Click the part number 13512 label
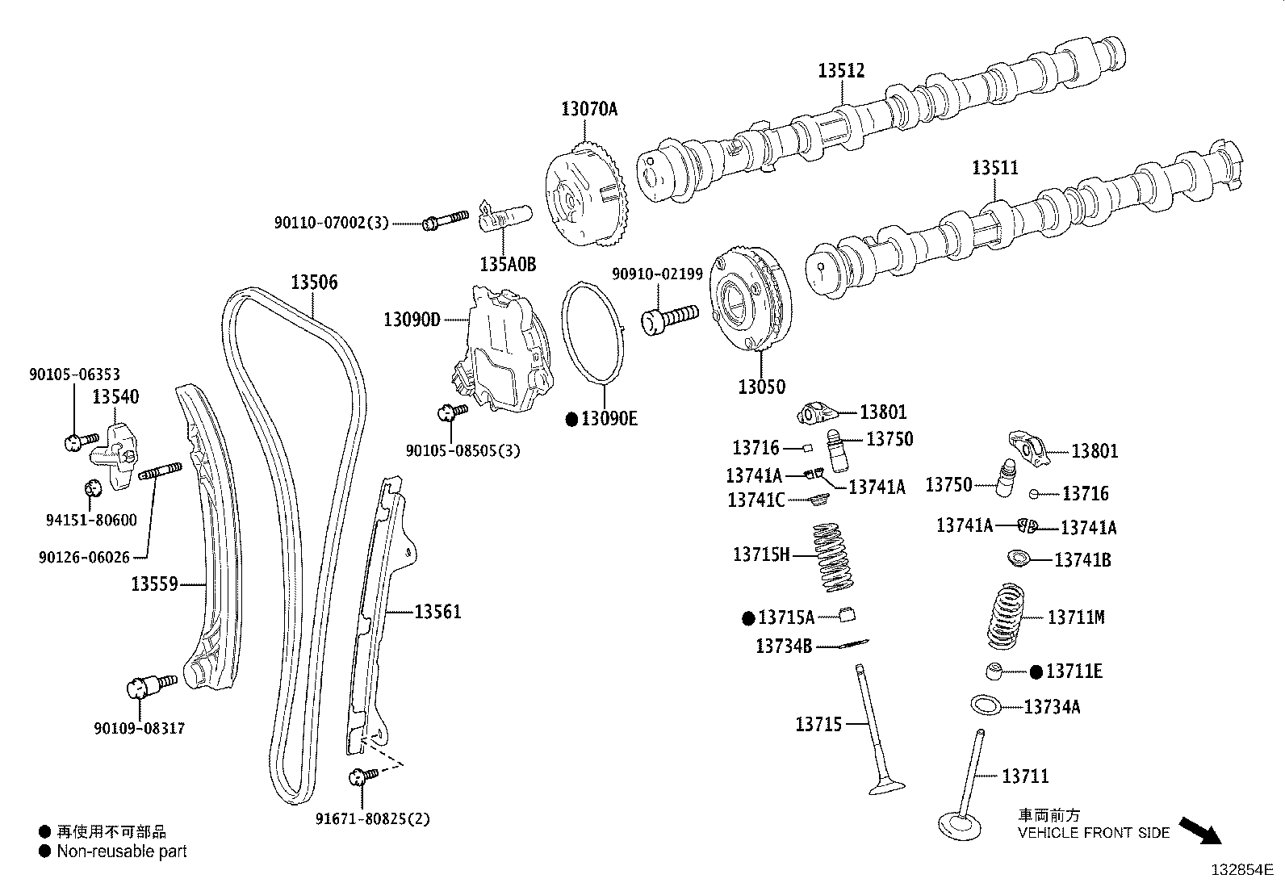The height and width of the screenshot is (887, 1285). pyautogui.click(x=840, y=70)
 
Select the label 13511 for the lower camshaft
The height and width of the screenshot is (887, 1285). pyautogui.click(x=994, y=168)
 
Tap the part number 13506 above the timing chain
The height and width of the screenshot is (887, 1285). pyautogui.click(x=314, y=282)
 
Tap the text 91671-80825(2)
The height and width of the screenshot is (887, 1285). pyautogui.click(x=373, y=819)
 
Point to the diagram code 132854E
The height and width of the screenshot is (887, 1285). pyautogui.click(x=1240, y=870)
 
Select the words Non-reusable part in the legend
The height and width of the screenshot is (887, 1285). pyautogui.click(x=122, y=851)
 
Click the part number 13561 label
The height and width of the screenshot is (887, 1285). pyautogui.click(x=437, y=612)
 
